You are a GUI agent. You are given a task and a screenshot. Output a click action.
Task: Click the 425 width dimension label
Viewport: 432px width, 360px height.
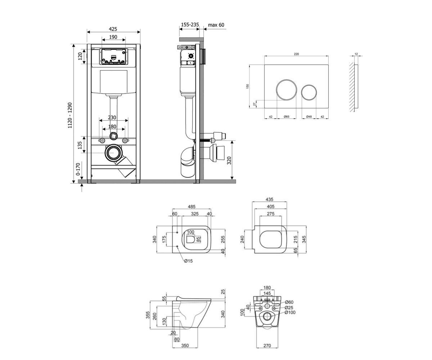click(113, 29)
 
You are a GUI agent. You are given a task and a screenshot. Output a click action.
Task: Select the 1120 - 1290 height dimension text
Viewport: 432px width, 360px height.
click(70, 115)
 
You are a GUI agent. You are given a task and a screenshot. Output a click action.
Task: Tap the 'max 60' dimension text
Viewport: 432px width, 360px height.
click(216, 25)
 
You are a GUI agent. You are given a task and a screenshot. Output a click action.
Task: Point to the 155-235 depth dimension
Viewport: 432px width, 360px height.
click(190, 24)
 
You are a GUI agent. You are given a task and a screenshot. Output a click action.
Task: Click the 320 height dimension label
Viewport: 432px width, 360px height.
click(229, 161)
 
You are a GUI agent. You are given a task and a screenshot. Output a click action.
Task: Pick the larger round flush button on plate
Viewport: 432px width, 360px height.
click(286, 89)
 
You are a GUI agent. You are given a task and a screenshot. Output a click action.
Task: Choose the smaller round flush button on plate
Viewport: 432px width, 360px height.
click(309, 92)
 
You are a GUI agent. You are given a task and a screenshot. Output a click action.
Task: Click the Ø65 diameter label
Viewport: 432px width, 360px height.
click(287, 117)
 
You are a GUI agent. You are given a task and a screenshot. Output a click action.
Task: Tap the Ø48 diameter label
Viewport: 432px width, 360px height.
click(309, 117)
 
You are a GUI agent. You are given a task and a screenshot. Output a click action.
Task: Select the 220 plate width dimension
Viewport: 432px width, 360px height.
click(296, 54)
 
